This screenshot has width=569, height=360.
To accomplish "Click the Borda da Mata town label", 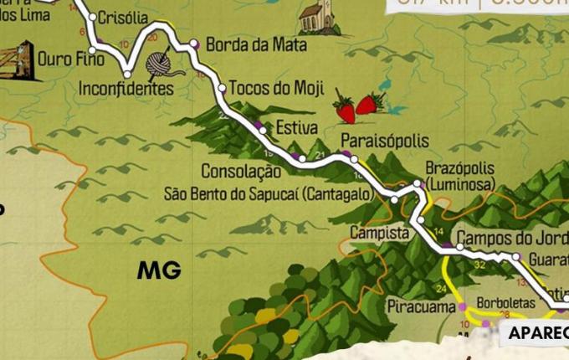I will point(256,44).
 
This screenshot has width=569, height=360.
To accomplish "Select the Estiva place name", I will point(296,128).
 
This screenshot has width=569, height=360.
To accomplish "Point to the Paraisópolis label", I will point(385,140).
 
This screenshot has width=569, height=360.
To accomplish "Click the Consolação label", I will point(240,172).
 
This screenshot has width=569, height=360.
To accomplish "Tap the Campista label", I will point(378,231).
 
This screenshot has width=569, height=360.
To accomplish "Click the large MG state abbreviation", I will point(160,270).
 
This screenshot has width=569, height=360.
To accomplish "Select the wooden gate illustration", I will point(17,60).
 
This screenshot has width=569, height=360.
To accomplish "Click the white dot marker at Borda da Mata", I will point(194,44).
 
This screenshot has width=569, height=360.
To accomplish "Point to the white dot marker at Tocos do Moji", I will point(222,87).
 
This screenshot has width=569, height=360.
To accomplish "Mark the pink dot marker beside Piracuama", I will point(462,307).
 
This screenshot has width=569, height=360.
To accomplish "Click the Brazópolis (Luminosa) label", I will point(459,174).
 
